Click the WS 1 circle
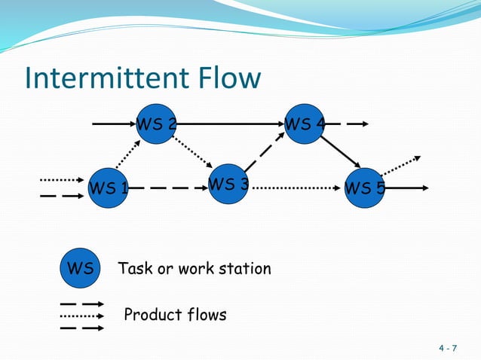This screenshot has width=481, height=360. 108,188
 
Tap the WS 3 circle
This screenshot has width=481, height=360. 228,184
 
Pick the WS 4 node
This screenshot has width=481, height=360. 305,124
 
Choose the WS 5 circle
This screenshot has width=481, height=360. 364,188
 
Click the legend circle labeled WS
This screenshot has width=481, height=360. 80,269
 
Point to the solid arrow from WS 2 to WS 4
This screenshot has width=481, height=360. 230,124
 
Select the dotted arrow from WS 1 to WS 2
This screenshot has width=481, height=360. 127,155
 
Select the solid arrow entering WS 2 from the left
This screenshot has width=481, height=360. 113,124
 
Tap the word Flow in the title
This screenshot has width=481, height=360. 229,78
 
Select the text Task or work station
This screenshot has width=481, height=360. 194,269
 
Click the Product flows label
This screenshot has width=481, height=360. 175,315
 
